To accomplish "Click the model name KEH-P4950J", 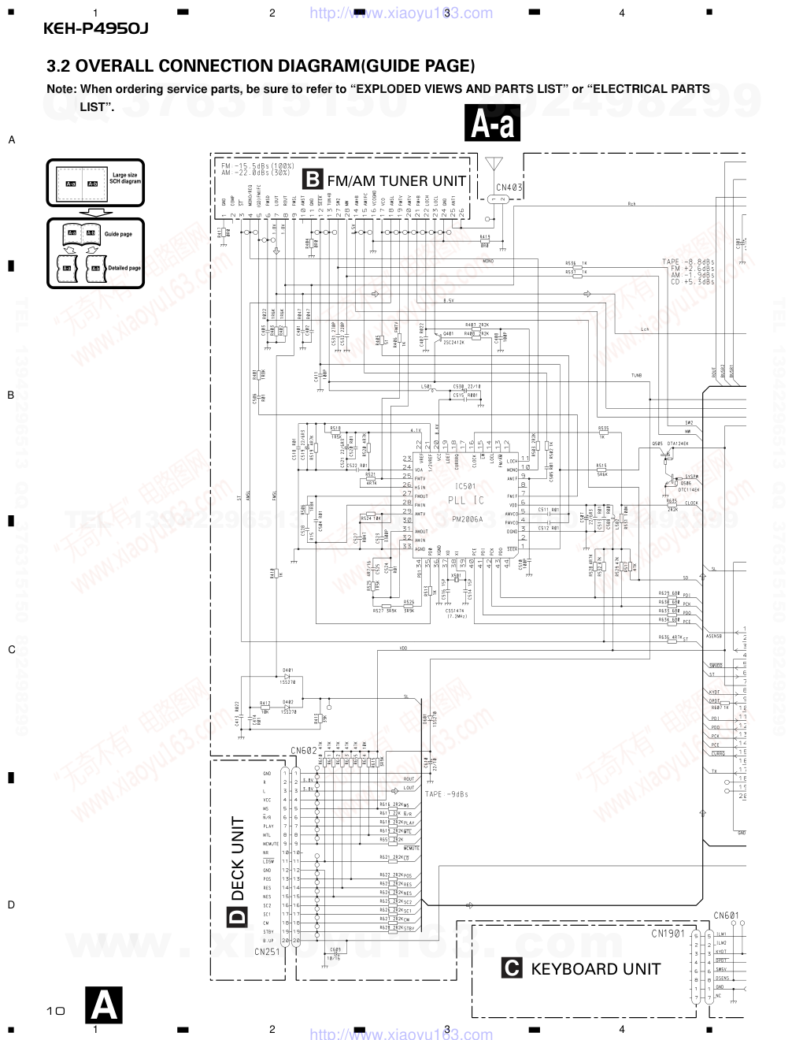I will pyautogui.click(x=96, y=29).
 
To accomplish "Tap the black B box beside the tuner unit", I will pyautogui.click(x=313, y=180).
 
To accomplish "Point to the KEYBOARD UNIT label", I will pyautogui.click(x=595, y=969).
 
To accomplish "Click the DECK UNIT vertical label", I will pyautogui.click(x=238, y=858).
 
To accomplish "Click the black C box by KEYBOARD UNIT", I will pyautogui.click(x=512, y=968).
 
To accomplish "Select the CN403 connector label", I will pyautogui.click(x=509, y=188).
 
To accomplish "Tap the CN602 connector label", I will pyautogui.click(x=304, y=751).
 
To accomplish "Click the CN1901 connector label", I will pyautogui.click(x=667, y=934).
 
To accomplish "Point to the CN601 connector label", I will pyautogui.click(x=726, y=916).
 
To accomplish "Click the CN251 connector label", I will pyautogui.click(x=267, y=951).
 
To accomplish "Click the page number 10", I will pyautogui.click(x=55, y=1010).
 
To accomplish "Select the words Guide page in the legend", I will pyautogui.click(x=118, y=234).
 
